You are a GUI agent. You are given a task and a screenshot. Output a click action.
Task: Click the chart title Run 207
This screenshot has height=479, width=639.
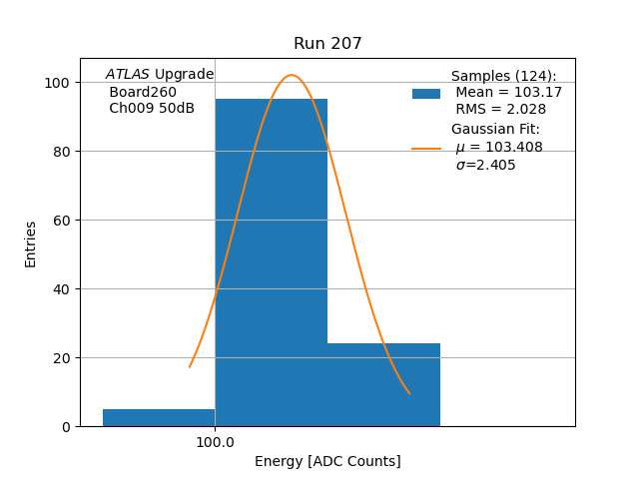327,44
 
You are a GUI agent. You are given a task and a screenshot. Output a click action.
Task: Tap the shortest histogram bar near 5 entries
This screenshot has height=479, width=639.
159,417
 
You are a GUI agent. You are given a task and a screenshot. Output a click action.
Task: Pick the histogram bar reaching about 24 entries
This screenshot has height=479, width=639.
383,384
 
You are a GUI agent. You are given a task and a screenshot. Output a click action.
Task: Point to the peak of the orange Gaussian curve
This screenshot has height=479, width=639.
292,75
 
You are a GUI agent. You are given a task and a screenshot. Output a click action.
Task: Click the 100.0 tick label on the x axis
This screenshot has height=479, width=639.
215,442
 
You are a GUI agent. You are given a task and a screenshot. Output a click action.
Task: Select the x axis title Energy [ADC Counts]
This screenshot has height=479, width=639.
327,461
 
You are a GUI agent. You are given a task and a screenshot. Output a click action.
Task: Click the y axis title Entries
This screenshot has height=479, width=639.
31,243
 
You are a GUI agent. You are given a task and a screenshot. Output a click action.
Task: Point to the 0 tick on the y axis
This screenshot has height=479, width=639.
67,427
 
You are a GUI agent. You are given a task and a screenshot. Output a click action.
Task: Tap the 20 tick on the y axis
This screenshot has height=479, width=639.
63,358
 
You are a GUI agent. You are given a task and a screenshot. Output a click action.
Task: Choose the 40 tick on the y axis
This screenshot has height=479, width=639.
63,289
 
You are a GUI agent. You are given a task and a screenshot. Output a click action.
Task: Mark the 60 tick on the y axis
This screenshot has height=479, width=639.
63,221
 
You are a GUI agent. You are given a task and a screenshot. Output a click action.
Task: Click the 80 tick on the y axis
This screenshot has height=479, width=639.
63,152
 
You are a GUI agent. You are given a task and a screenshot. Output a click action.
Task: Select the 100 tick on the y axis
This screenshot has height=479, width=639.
59,83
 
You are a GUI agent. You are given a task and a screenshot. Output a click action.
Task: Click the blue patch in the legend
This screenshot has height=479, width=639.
426,93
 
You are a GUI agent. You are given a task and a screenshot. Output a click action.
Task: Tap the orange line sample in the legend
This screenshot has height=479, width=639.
426,148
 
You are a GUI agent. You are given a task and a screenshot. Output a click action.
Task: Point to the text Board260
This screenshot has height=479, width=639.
143,92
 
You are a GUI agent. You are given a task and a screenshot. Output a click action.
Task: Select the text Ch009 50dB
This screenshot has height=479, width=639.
152,109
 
